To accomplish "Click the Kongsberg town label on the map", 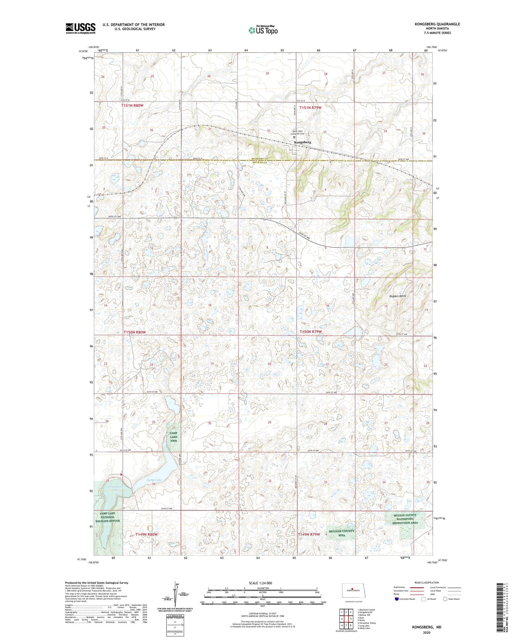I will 303,142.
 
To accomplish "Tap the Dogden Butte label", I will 398,296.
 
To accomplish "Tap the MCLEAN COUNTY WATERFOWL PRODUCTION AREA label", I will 406,519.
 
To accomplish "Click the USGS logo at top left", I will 80,28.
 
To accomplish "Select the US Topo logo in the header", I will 263,30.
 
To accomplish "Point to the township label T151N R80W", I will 132,106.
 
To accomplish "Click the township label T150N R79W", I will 311,332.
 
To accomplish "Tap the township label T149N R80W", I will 146,534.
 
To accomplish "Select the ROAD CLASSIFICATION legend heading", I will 427,582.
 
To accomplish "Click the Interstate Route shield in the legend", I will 396,599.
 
